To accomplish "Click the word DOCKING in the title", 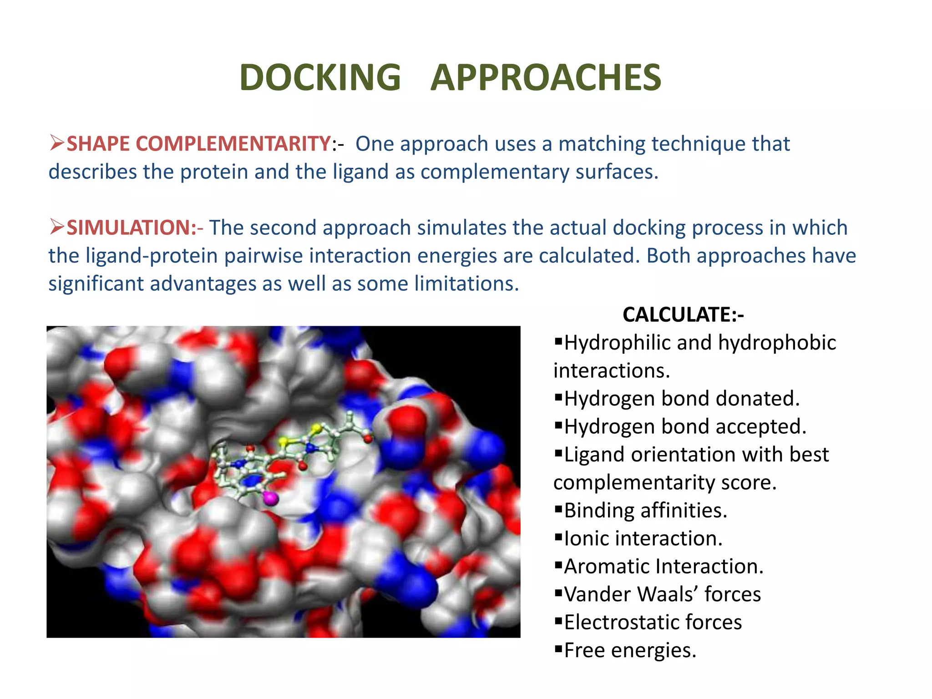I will (x=320, y=77).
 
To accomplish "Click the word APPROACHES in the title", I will (x=545, y=77).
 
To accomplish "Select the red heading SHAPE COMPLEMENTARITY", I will (x=199, y=144).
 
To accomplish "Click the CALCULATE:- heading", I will (x=683, y=315).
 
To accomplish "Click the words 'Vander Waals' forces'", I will (x=662, y=595).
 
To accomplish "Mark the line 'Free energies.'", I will (x=630, y=651).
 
